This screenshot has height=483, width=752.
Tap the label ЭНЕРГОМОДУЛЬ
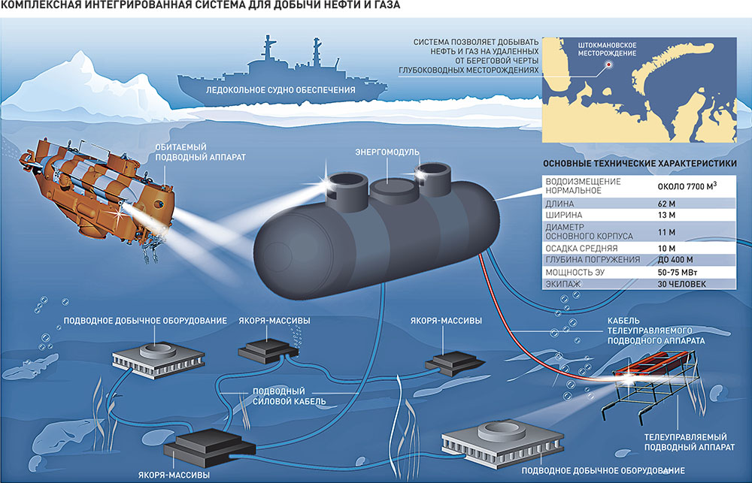click(x=386, y=152)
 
